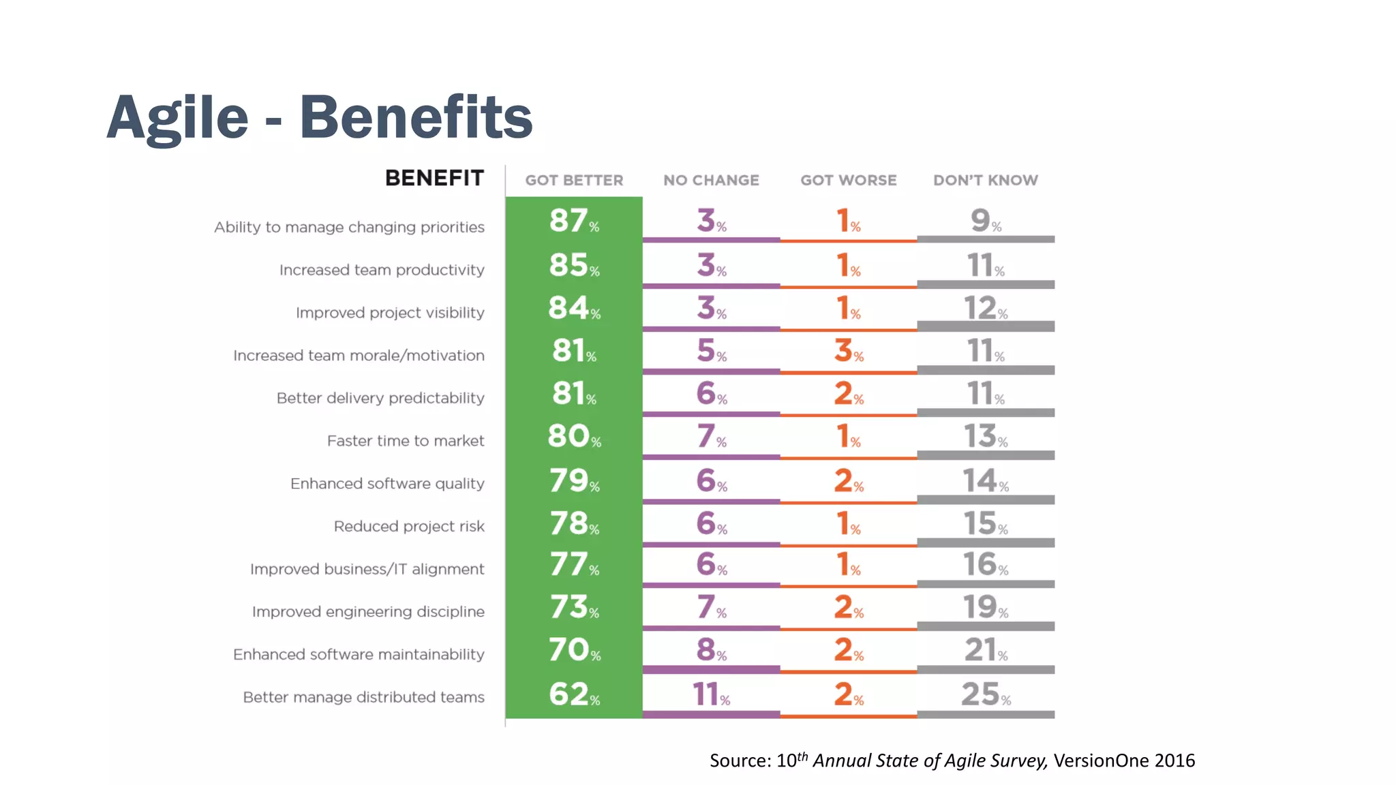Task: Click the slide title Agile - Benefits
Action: pyautogui.click(x=319, y=117)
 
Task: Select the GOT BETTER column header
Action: pyautogui.click(x=574, y=181)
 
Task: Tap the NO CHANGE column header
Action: pyautogui.click(x=711, y=181)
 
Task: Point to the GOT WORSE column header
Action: pyautogui.click(x=848, y=181)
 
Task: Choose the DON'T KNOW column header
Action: pyautogui.click(x=985, y=181)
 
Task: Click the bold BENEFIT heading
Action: pyautogui.click(x=434, y=178)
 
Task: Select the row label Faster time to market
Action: pyautogui.click(x=406, y=441)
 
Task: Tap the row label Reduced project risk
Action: pyautogui.click(x=409, y=526)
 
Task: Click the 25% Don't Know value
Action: pyautogui.click(x=985, y=694)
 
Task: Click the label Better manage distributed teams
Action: pyautogui.click(x=363, y=697)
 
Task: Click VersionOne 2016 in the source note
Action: pyautogui.click(x=1124, y=760)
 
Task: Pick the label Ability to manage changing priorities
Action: pyautogui.click(x=349, y=227)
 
